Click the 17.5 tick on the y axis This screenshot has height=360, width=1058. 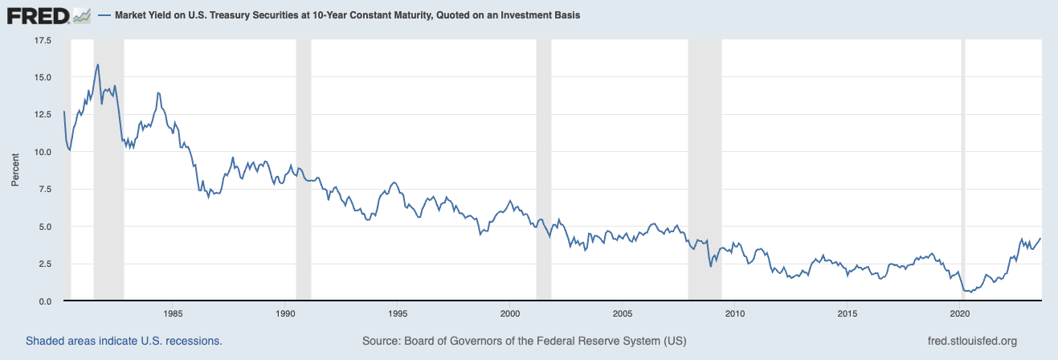coord(42,40)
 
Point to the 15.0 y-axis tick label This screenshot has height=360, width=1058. coord(42,77)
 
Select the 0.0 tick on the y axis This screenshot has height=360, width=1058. coord(45,301)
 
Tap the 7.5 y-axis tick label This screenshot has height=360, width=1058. coord(45,189)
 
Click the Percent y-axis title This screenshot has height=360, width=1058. coord(14,170)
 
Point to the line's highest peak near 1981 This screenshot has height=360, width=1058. coord(97,64)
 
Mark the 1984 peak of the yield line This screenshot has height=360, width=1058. coord(158,92)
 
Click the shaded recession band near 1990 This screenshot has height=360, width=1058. coord(303,169)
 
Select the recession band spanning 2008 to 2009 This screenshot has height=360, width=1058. coord(705,169)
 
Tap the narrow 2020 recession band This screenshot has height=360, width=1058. coord(964,169)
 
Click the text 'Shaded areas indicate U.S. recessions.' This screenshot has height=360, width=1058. coord(124,341)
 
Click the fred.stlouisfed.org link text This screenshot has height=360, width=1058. coord(971,341)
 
